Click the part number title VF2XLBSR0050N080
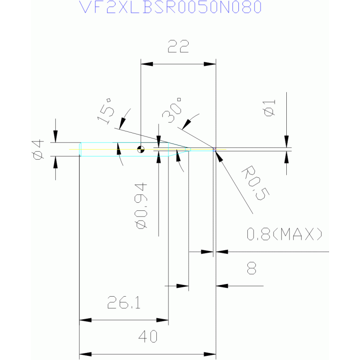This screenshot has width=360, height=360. point(170,7)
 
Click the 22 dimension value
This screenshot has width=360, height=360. point(178,46)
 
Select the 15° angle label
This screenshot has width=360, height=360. point(106,111)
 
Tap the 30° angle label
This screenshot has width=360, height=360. point(172,110)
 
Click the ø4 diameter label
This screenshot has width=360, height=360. point(38,149)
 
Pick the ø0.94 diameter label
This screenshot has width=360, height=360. point(140,206)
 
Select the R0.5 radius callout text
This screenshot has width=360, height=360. point(255,183)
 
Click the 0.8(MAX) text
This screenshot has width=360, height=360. point(284,234)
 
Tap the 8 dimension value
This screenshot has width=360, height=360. point(252,268)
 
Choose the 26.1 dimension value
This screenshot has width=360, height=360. point(124,302)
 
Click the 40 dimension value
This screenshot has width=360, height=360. point(148,337)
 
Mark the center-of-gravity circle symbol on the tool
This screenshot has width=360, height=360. point(141,149)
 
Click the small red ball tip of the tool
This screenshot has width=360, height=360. point(214,149)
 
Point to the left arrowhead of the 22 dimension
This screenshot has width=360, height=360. point(147,64)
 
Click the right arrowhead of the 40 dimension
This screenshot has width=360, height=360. point(210,354)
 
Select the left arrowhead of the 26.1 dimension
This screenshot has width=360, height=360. point(85,320)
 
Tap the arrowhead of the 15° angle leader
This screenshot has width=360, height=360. point(123,123)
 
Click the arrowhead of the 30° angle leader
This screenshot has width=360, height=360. point(186,124)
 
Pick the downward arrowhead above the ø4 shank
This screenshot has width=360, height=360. point(55,137)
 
